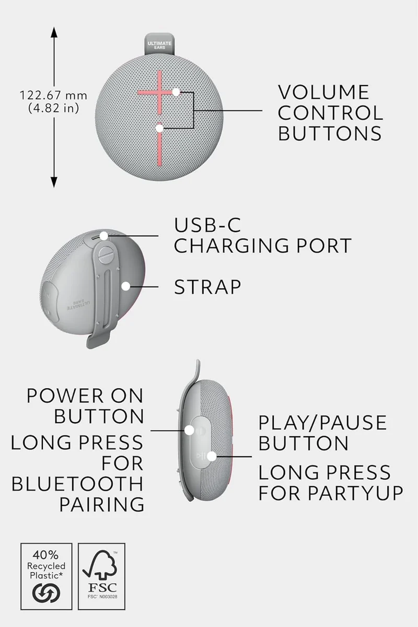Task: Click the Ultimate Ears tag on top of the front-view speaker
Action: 159,44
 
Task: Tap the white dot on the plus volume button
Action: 176,92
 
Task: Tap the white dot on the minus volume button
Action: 159,129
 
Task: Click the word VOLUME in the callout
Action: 323,92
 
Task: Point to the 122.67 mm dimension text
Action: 53,96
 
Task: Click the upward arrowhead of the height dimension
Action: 54,32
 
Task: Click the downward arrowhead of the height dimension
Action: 54,182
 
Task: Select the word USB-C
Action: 207,225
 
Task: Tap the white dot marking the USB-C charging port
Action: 104,236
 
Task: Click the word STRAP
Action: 207,287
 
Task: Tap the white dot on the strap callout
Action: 126,286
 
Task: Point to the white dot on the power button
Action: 190,430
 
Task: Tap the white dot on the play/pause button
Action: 212,456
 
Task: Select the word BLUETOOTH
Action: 77,484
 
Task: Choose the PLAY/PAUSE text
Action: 322,423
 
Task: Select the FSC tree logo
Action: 100,565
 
